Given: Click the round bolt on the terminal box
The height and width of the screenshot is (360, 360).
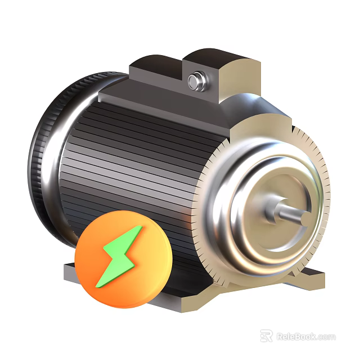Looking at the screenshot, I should [195, 81].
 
